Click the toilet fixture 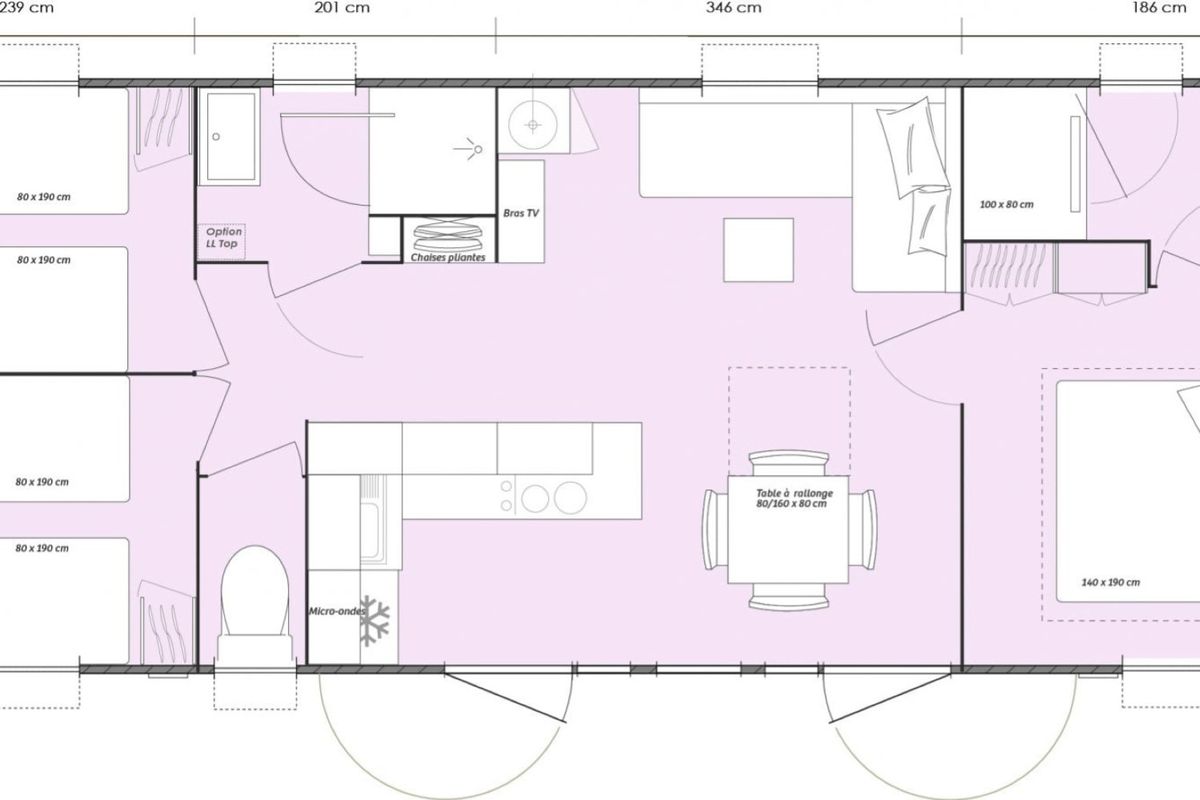click(x=255, y=605)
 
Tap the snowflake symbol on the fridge click(x=374, y=620)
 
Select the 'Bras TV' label click(x=521, y=213)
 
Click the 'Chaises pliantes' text click(x=448, y=257)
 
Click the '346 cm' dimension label click(x=733, y=8)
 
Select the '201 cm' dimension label click(x=342, y=8)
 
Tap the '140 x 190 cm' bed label click(x=1111, y=582)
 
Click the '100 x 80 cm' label click(x=1007, y=205)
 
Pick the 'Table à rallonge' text click(x=794, y=493)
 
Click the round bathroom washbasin click(x=532, y=125)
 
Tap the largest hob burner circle click(x=571, y=498)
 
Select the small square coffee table click(x=759, y=250)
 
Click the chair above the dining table click(x=789, y=463)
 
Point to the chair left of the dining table click(x=715, y=529)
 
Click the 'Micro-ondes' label click(x=337, y=611)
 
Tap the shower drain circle click(x=216, y=137)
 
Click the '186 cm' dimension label click(x=1159, y=8)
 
